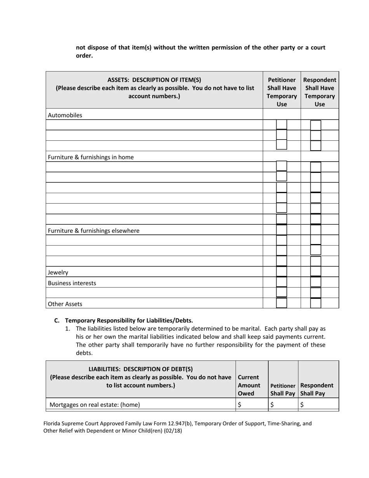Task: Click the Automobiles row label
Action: coord(65,115)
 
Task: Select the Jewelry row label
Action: coord(58,272)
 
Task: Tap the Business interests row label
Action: coord(72,283)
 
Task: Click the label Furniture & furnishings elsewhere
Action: coord(94,230)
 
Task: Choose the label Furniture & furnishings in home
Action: coord(91,157)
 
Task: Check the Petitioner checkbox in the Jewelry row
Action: coord(282,272)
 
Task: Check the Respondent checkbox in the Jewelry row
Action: coord(316,272)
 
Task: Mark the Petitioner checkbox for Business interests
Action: coord(282,282)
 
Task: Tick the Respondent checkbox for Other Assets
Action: coord(316,303)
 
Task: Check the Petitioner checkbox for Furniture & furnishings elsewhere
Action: coord(282,230)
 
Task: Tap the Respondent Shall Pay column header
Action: coord(317,389)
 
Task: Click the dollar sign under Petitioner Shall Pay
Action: coord(272,405)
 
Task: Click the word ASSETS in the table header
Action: coord(119,80)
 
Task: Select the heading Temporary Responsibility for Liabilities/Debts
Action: coord(129,320)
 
